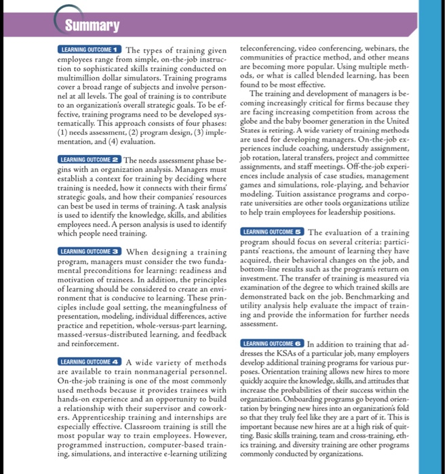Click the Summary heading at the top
click(x=92, y=26)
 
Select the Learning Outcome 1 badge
click(x=90, y=50)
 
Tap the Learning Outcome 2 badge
click(x=90, y=159)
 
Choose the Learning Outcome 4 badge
click(x=90, y=362)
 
